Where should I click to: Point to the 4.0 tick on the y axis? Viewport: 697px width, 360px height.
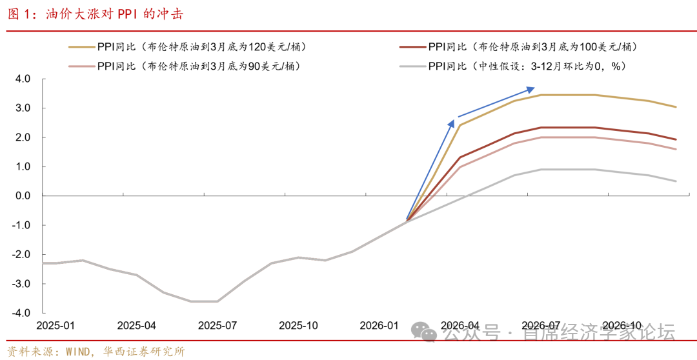coord(23,79)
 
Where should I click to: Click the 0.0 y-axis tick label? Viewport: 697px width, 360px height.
coord(23,195)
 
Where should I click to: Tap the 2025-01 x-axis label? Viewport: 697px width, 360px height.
coord(56,326)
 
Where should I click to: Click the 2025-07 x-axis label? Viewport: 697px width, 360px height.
coord(217,326)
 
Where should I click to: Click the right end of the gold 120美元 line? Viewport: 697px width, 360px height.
coord(676,107)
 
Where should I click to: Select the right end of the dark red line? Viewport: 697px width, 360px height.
coord(676,139)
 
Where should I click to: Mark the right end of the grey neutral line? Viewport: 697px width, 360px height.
coord(676,181)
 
